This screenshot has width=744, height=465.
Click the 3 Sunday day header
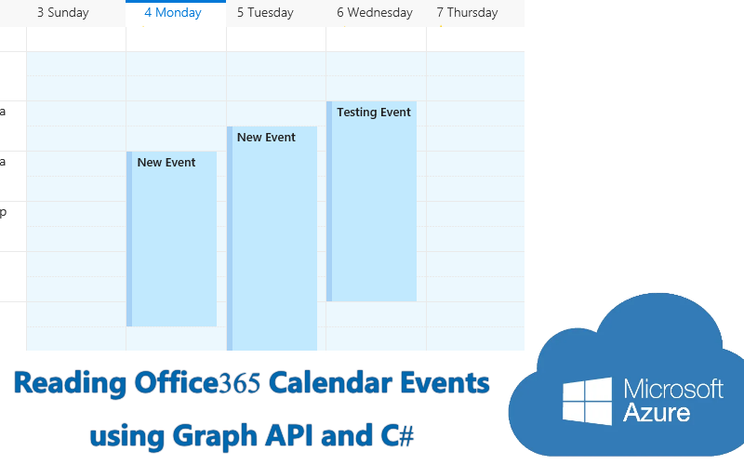click(63, 13)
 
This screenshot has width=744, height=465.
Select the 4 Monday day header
click(173, 13)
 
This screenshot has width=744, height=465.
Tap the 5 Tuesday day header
click(265, 13)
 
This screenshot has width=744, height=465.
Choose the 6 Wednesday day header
click(375, 13)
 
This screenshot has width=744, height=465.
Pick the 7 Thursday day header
click(468, 13)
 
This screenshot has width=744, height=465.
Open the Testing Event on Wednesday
click(371, 201)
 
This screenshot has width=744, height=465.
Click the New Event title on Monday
click(166, 162)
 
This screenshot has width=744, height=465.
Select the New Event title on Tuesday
click(266, 137)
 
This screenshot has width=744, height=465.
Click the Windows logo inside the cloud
click(587, 402)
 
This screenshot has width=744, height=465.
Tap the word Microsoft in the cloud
click(673, 389)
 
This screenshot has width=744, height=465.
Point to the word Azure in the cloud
click(657, 412)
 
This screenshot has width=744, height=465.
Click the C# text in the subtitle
click(397, 435)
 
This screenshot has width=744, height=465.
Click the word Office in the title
click(177, 382)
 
